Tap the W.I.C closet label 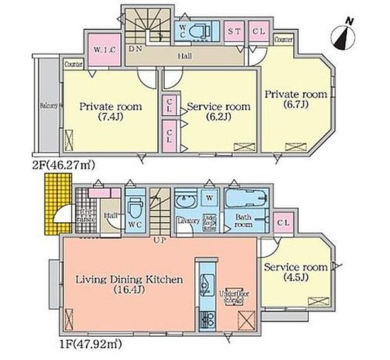pos(103,49)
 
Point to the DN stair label pos(134,48)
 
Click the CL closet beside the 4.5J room pos(282,223)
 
